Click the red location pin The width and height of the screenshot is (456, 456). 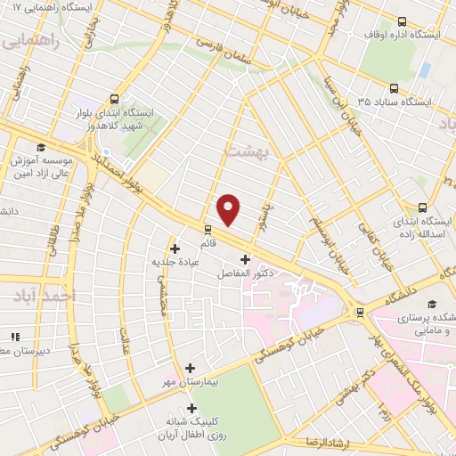[x=230, y=209]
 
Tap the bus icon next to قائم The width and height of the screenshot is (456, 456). [x=208, y=227]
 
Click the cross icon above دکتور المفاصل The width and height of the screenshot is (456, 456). [x=245, y=259]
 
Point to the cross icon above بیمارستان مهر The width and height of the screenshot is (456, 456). [x=190, y=367]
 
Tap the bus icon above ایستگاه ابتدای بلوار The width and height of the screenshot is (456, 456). [x=114, y=99]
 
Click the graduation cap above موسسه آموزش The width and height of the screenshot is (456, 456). [x=40, y=148]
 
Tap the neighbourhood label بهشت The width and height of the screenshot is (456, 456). [x=248, y=151]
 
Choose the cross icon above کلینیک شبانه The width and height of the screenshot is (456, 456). [x=192, y=408]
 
